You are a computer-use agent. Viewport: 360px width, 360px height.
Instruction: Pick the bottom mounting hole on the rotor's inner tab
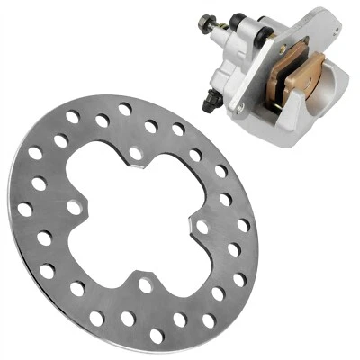(x=145, y=285)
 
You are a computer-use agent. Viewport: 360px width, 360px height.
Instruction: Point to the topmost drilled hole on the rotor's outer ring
(x=125, y=109)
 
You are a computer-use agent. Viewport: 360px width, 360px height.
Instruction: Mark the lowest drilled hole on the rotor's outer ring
(x=157, y=335)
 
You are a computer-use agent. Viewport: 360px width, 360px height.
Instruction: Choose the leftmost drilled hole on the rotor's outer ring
(x=25, y=209)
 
